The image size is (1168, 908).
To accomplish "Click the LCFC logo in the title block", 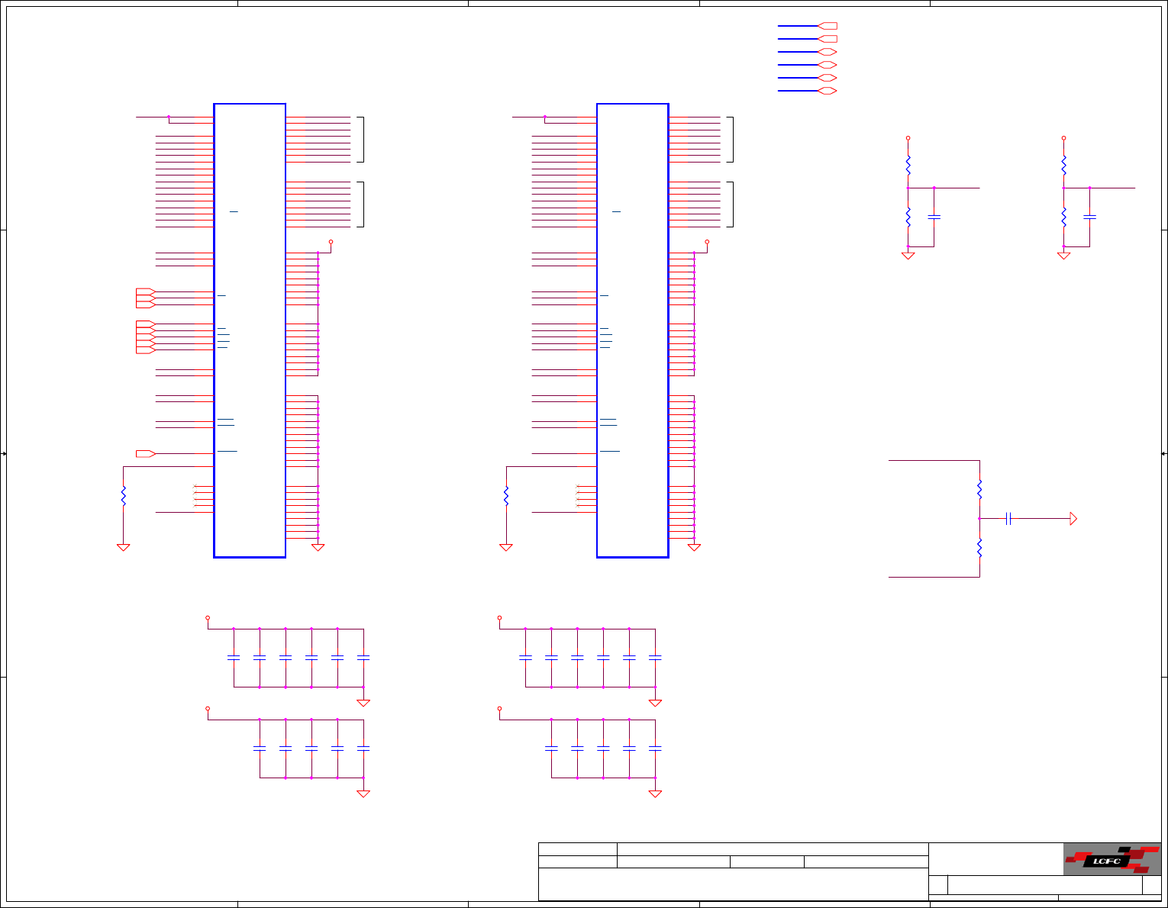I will coord(1112,859).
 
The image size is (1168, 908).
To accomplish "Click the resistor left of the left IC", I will coord(123,496).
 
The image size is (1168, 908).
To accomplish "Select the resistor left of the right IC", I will coord(506,496).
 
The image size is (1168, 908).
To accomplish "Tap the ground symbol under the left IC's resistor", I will coord(123,547).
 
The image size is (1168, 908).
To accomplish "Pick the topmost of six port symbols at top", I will coord(828,26).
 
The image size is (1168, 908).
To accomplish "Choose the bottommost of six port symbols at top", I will coord(828,91).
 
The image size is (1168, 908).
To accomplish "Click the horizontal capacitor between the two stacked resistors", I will coord(1008,519).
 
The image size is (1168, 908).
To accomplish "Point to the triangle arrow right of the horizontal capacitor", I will coord(1073,519).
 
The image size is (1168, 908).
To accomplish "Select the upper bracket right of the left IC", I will coord(361,140).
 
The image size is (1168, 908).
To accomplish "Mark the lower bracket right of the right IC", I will coord(731,204).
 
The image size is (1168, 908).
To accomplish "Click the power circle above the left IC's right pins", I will coord(331,241).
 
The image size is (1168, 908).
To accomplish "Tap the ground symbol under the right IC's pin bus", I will coord(694,547).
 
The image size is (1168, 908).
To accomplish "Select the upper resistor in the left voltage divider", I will coord(908,164).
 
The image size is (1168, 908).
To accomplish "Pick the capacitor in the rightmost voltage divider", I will coord(1089,217).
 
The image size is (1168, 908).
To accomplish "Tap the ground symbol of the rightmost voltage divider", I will coord(1063,256).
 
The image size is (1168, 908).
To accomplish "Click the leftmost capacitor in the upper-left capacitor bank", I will coord(234,657).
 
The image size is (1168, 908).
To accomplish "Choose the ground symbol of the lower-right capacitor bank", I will coord(655,794).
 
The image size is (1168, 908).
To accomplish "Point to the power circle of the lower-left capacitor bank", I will coord(208,709).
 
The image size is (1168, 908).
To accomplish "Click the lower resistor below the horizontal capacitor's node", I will coord(979,547).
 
